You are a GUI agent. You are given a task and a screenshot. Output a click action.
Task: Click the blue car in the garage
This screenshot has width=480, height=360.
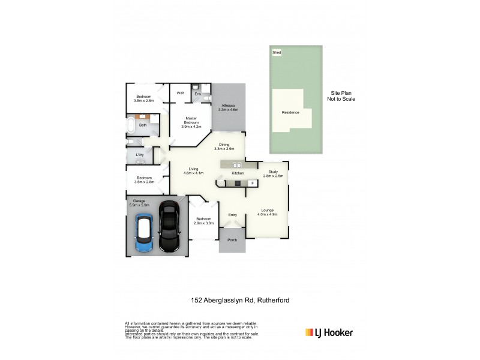(144, 233)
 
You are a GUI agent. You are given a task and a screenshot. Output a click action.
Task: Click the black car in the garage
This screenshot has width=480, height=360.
(169, 226)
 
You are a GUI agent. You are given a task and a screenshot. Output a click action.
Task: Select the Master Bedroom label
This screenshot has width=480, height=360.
(191, 122)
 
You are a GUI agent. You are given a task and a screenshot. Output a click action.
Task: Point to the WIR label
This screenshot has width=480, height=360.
(180, 94)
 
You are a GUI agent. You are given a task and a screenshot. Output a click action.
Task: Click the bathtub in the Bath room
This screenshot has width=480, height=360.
(131, 125)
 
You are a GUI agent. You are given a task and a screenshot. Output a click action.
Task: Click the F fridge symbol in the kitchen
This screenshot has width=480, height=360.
(252, 182)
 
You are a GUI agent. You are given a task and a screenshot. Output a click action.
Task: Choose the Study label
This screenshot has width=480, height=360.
(273, 174)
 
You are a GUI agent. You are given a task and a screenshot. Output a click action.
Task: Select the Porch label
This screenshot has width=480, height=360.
(232, 240)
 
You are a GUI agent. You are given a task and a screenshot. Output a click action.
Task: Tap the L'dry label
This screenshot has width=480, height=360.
(139, 155)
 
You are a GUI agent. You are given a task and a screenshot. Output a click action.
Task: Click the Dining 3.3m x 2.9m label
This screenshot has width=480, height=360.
(224, 146)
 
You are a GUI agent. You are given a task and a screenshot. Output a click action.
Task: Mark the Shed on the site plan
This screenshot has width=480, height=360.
(277, 53)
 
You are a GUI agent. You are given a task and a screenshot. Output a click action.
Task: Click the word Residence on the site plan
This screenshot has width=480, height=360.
(290, 112)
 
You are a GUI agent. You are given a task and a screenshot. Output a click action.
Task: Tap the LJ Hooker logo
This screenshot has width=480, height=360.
(329, 332)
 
